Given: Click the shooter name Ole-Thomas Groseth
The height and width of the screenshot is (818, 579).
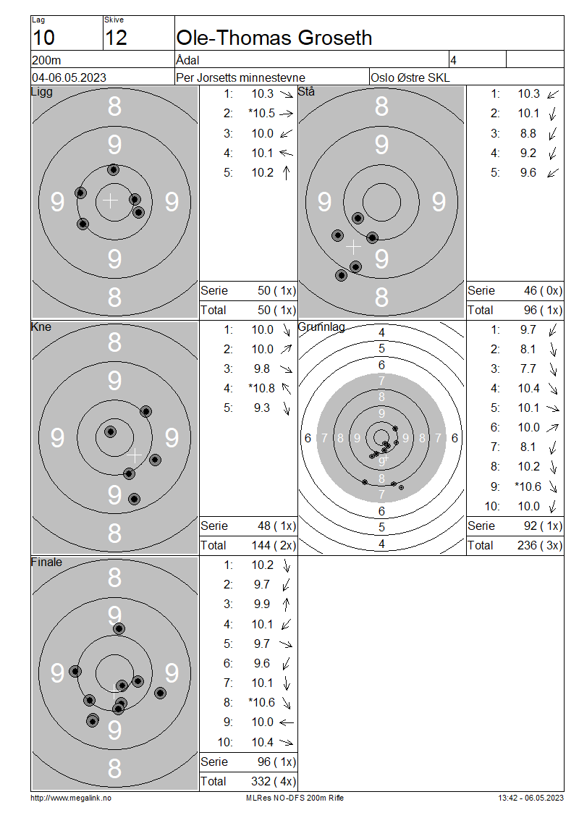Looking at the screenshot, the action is (274, 38).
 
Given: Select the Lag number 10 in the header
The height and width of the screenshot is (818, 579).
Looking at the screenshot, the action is (43, 38).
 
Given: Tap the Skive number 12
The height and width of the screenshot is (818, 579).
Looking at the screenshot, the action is (116, 38).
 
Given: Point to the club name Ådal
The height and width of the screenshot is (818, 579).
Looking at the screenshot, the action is (187, 60).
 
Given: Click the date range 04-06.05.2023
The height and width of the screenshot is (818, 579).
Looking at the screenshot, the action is (69, 77).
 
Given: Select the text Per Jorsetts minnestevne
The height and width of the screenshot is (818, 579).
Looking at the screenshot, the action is (240, 77).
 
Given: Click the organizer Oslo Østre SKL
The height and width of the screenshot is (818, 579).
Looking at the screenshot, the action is (410, 77).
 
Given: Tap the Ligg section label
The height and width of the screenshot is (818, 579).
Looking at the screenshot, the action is (42, 92).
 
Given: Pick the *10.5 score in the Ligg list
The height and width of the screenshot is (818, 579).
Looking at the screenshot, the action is (261, 113).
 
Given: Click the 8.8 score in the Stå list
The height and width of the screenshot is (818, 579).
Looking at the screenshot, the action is (528, 133).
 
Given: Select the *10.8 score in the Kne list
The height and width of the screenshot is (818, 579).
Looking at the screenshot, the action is (261, 388).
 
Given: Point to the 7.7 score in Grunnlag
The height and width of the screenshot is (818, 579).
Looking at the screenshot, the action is (528, 369).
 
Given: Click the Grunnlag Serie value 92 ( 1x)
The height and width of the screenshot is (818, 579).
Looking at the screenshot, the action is (543, 526).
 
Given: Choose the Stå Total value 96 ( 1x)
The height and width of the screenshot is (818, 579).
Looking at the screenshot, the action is (543, 311).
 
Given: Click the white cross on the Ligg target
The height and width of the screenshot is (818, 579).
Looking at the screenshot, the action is (110, 201).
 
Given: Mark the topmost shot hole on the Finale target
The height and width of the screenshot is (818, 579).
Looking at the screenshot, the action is (119, 628).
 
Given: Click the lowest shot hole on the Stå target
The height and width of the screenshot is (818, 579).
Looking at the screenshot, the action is (341, 275).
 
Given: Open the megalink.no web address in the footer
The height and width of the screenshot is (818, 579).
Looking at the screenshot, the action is (71, 798).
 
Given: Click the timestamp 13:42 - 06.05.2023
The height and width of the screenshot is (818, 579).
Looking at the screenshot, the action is (531, 798).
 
